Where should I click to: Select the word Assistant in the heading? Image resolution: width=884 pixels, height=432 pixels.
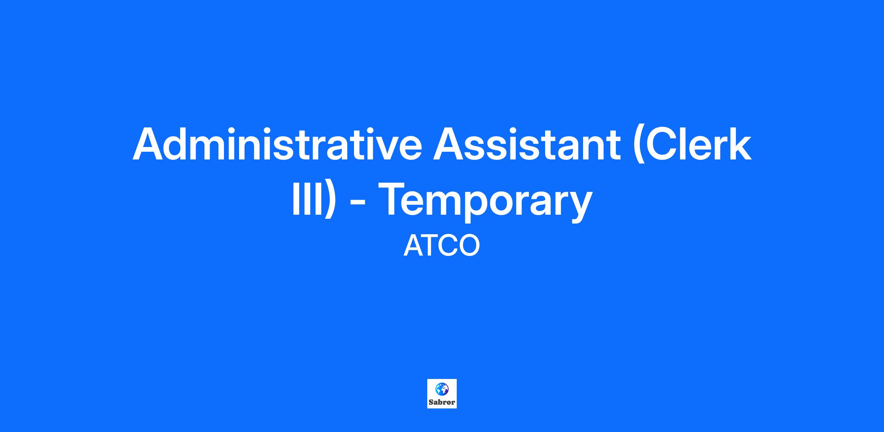click(x=527, y=144)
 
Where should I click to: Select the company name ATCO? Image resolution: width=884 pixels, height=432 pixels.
click(x=442, y=246)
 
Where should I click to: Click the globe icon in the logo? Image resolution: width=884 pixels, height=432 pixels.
click(x=442, y=388)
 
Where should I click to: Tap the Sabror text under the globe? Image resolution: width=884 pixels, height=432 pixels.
click(x=442, y=402)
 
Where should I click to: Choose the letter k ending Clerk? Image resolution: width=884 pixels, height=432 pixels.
click(x=740, y=144)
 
